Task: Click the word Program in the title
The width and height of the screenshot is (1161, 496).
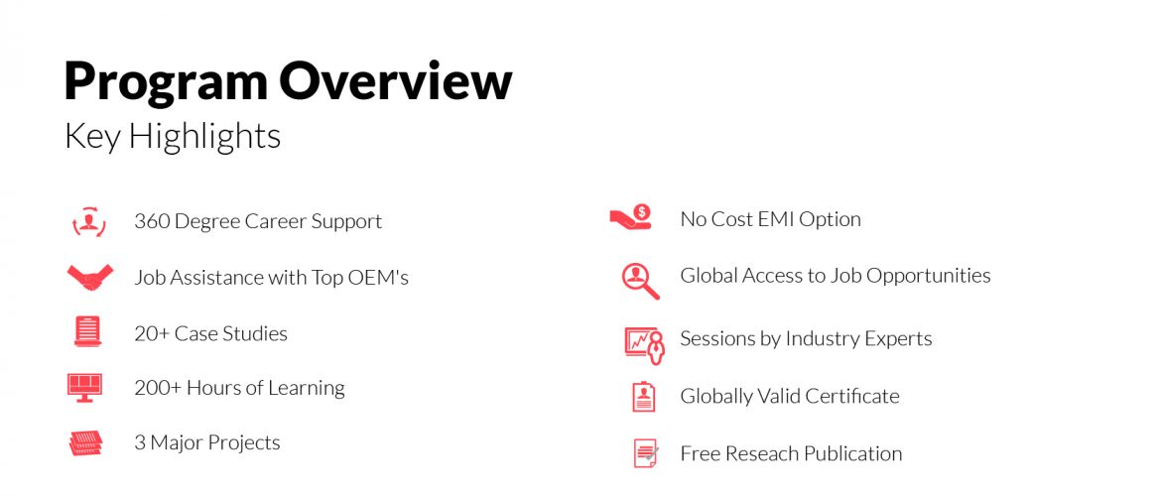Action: click(x=165, y=83)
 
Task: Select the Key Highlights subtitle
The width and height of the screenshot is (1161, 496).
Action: click(x=173, y=136)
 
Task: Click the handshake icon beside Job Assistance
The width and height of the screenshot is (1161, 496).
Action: click(x=89, y=277)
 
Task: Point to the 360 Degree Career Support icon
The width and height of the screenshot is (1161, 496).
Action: click(x=89, y=221)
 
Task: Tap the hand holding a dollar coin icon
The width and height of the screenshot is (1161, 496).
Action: click(x=631, y=217)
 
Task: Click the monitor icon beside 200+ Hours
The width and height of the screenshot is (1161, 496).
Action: click(x=84, y=387)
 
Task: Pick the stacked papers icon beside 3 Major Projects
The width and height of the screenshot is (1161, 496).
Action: click(x=86, y=442)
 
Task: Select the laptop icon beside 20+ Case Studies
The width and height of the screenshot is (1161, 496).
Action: click(x=87, y=331)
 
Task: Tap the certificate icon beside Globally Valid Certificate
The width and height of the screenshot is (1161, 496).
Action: click(x=643, y=397)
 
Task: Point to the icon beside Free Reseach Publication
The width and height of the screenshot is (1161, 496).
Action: click(x=646, y=453)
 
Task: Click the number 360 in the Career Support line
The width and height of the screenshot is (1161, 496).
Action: click(x=153, y=221)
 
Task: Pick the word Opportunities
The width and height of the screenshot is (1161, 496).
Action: click(x=929, y=276)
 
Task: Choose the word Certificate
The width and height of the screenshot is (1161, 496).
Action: click(x=852, y=396)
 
